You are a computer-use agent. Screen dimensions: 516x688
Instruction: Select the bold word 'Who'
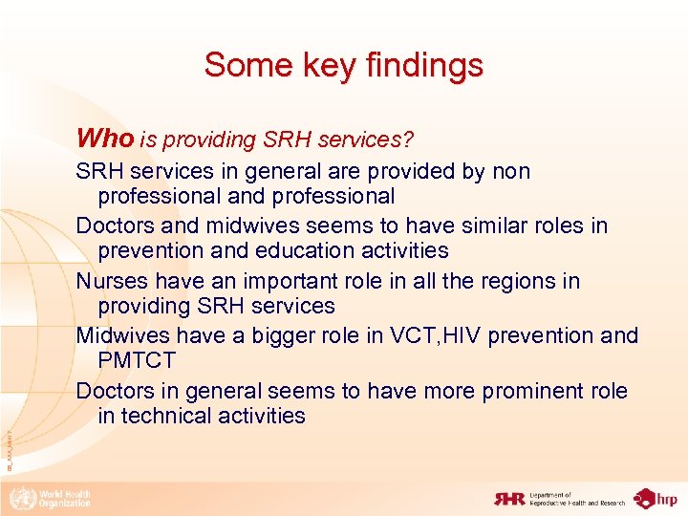[105, 139]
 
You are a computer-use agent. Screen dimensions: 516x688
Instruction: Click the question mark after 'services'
[409, 140]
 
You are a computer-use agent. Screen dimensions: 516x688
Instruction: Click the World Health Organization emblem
[19, 498]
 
